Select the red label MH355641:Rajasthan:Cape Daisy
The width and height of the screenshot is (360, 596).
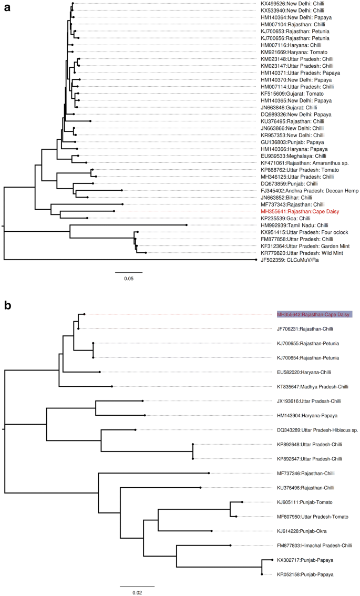click(x=296, y=211)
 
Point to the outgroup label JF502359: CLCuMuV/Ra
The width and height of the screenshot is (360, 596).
click(x=287, y=260)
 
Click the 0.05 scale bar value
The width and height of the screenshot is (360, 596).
click(x=129, y=278)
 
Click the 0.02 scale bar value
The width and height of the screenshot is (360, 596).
click(x=137, y=592)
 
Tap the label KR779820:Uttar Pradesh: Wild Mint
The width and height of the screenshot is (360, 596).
click(x=298, y=253)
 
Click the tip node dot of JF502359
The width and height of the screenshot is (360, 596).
click(x=256, y=260)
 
